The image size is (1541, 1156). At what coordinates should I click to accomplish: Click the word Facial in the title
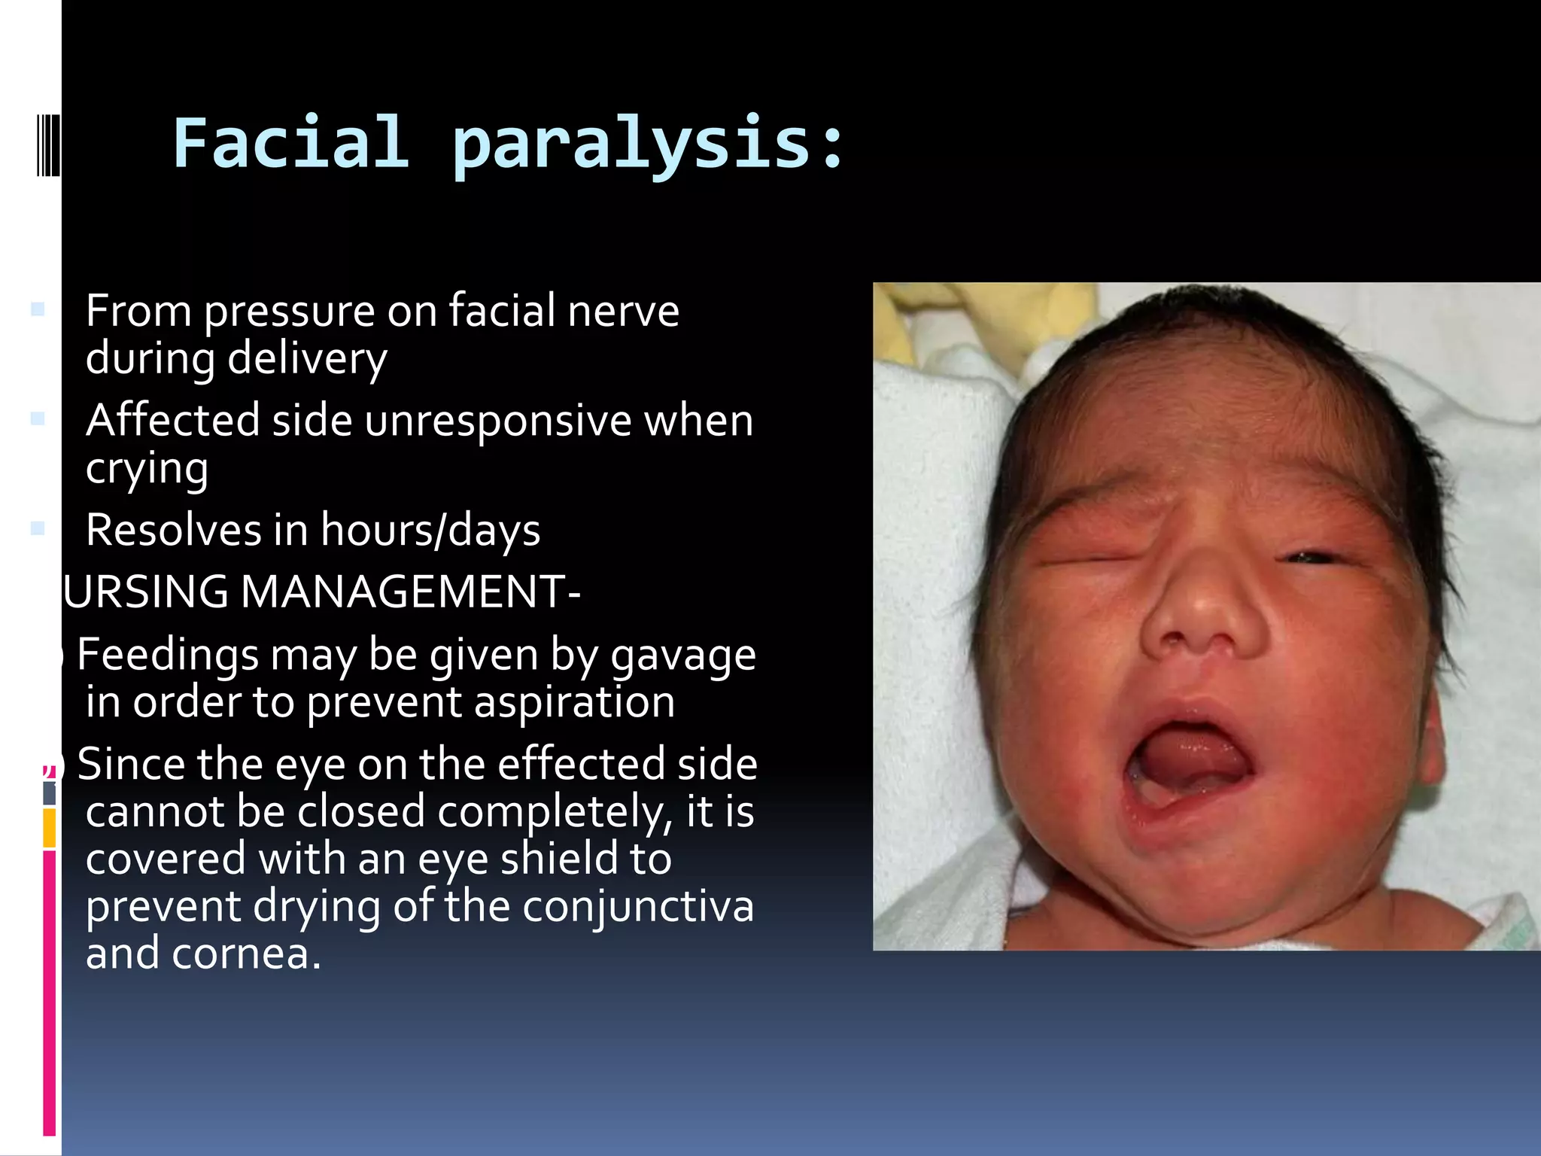tap(290, 143)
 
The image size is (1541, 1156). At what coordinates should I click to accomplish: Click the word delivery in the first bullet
tap(307, 359)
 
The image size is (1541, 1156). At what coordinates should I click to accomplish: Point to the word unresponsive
tap(497, 421)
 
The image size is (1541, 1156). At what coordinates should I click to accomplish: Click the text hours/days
tap(430, 531)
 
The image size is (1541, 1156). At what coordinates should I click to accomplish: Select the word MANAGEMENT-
tap(410, 592)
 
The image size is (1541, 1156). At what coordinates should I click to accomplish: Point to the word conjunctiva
tap(638, 906)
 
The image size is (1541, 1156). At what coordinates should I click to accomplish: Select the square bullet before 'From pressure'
tap(38, 309)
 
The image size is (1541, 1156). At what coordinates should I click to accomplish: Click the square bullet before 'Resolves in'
tap(38, 529)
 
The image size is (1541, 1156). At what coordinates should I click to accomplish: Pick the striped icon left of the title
tap(48, 143)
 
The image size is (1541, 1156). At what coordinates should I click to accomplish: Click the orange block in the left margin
tap(49, 828)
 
